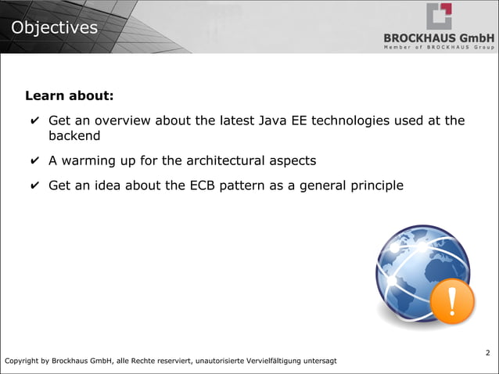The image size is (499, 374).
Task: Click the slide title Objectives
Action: point(54,28)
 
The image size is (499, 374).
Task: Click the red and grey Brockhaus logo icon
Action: point(439,16)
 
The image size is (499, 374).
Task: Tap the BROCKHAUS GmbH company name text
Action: point(439,38)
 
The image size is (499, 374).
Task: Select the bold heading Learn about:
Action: point(70,96)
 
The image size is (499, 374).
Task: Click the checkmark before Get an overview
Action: point(34,121)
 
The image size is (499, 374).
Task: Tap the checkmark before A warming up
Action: point(34,161)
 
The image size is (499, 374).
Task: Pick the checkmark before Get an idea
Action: point(34,186)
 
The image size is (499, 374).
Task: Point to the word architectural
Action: point(223,160)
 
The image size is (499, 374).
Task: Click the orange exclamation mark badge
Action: point(454,300)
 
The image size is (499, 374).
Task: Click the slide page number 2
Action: point(488,351)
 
